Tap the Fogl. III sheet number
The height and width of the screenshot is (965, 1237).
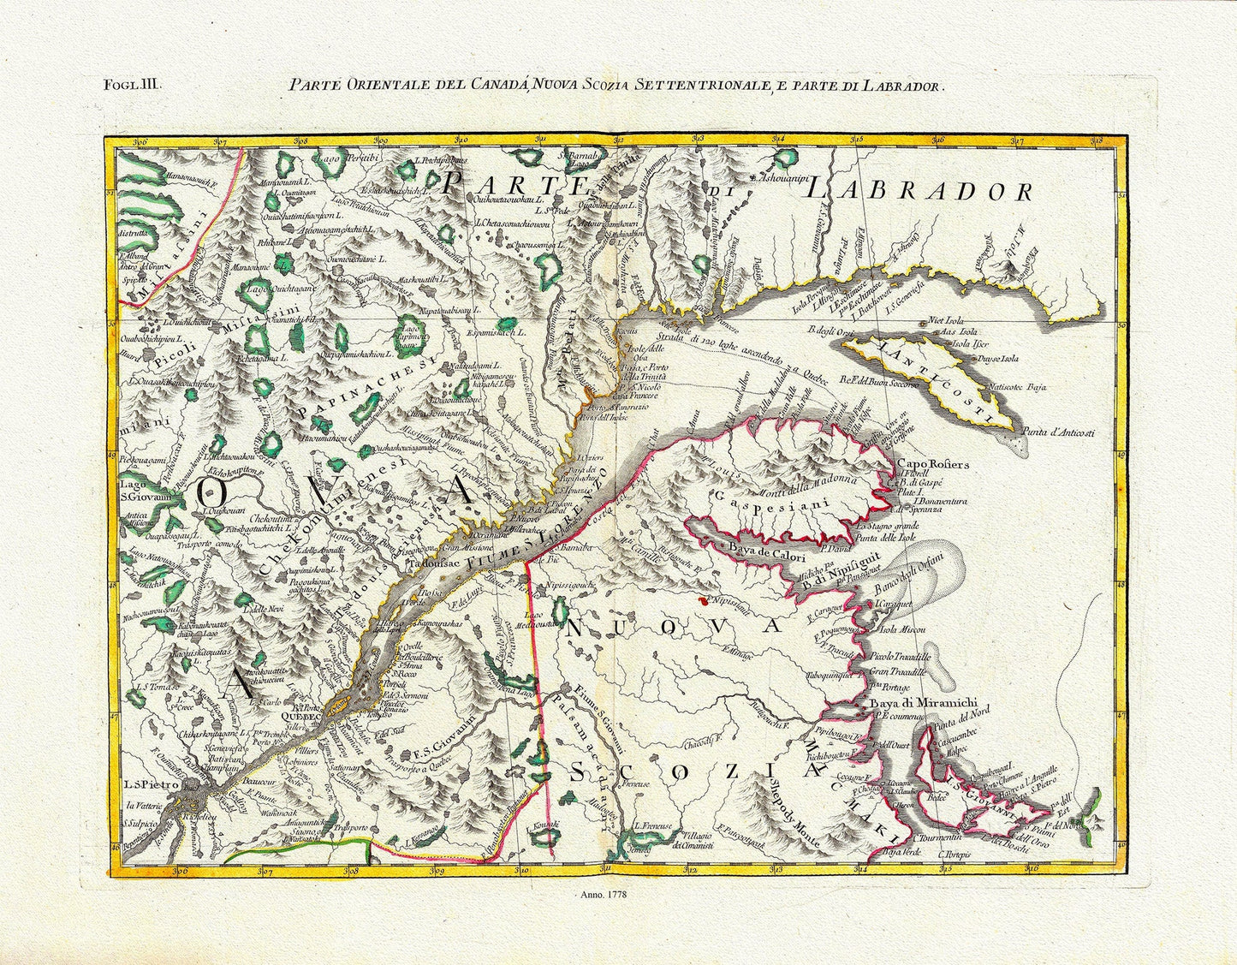click(x=128, y=84)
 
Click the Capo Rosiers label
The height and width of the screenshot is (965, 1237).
click(x=932, y=465)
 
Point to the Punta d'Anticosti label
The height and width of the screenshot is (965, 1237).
click(x=1074, y=434)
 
